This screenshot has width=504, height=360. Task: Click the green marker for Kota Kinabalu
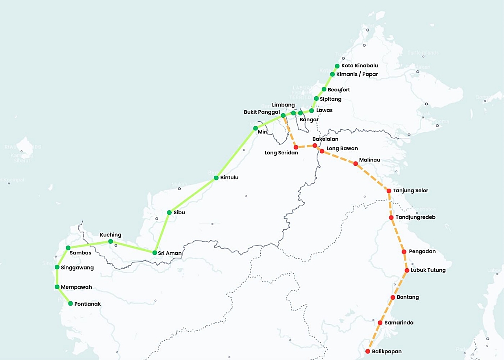tap(337, 66)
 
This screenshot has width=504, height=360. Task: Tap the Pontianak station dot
tap(70, 304)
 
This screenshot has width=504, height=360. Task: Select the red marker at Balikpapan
tap(368, 351)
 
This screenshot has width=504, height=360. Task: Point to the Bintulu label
tap(229, 178)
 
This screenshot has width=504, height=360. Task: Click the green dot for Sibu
tap(169, 213)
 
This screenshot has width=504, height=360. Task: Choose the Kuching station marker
tap(111, 241)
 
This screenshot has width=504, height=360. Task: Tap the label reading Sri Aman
tap(170, 253)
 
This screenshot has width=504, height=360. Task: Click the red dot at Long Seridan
tap(296, 147)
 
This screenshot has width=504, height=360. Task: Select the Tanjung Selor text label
tap(410, 191)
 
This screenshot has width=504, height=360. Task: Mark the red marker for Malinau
tap(356, 163)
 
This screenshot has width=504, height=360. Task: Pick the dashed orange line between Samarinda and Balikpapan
tap(374, 337)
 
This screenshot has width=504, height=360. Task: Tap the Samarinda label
tap(399, 323)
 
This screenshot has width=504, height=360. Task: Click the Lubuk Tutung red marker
tap(407, 270)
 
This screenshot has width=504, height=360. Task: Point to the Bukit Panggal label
tap(261, 112)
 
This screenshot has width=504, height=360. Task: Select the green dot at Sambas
tap(68, 248)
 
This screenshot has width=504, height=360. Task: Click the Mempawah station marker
tap(57, 287)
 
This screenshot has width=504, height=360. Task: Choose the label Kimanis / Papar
tap(357, 74)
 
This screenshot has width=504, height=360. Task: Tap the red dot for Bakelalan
tap(315, 146)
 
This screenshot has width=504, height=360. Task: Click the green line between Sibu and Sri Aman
tap(162, 232)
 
